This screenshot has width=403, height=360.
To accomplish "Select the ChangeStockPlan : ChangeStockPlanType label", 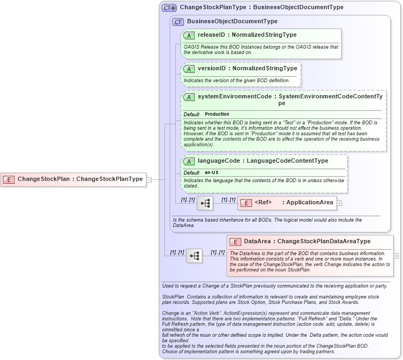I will coord(80,179).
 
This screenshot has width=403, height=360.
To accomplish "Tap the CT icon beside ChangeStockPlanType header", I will coord(169,8).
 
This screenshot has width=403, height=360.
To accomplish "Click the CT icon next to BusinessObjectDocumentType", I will coord(178,22).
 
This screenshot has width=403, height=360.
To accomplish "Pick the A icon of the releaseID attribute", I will coord(189,35).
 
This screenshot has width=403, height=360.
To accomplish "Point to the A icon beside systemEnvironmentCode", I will coord(189,97).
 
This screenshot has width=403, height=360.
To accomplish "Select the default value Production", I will coord(217,115).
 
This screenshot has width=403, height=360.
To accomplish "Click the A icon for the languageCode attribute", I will coord(189,161).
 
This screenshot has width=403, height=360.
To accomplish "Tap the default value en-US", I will coord(212,172).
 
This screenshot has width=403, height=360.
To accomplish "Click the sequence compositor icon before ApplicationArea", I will coord(205,203).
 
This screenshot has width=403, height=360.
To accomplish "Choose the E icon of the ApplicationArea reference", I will coord(246,203).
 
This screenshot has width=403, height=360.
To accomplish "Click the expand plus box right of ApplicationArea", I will coord(339,203).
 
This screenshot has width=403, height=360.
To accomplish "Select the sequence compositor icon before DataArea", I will coord(194,255).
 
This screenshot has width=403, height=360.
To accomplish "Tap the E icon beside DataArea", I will coord(235,242).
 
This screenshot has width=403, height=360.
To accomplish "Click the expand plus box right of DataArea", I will coord(396,255).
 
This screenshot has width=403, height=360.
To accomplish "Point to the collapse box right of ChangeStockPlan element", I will coord(149,179).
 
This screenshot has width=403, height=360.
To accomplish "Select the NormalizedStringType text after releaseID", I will coord(265,35).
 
